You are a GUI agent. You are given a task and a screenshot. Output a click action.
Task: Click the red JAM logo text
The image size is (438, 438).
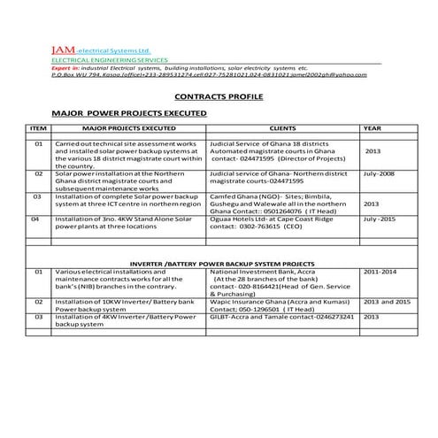pos(65,51)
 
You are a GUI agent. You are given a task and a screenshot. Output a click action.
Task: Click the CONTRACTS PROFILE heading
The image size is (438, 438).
pos(219,96)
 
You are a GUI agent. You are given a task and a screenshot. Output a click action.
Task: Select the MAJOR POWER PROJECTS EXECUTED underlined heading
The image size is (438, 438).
pos(129,114)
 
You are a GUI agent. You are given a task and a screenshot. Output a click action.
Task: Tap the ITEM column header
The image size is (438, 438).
pos(38,129)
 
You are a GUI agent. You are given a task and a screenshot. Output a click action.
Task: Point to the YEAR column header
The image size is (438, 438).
pos(372,129)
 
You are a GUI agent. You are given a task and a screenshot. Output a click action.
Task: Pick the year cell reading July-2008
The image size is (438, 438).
pos(379,175)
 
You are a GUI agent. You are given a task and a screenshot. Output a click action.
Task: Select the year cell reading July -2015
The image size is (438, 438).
pos(380,218)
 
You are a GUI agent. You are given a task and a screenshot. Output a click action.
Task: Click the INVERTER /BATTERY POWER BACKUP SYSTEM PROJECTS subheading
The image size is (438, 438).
pos(221,264)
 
